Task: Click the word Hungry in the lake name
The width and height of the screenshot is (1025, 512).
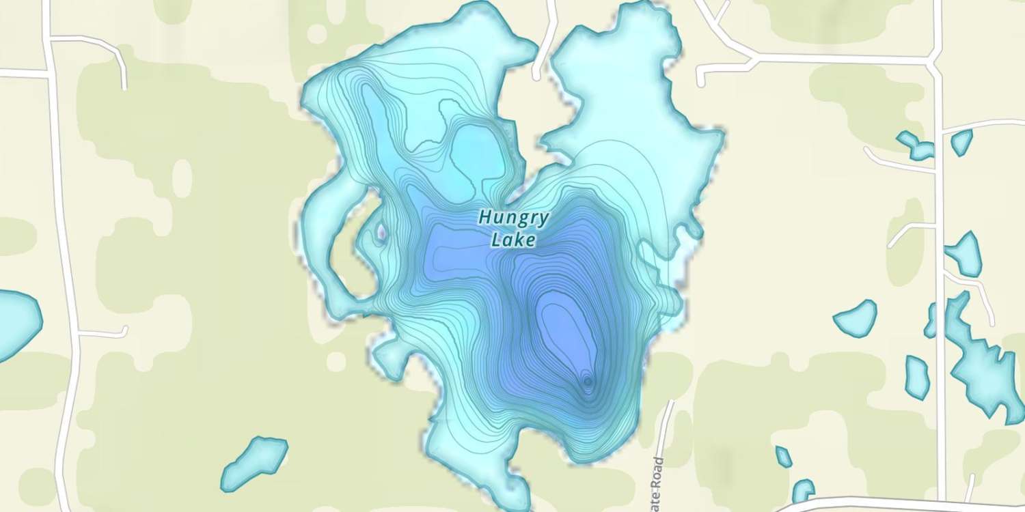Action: pos(513,218)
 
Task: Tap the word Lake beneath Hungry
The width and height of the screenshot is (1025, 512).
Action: pos(513,240)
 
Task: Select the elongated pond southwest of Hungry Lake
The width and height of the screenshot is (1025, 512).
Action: pos(254,462)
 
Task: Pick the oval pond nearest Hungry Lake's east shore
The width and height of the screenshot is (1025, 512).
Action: pos(856,318)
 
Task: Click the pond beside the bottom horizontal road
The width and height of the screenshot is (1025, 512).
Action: pos(803,489)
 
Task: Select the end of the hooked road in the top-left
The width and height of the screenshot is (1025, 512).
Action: pos(124,87)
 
